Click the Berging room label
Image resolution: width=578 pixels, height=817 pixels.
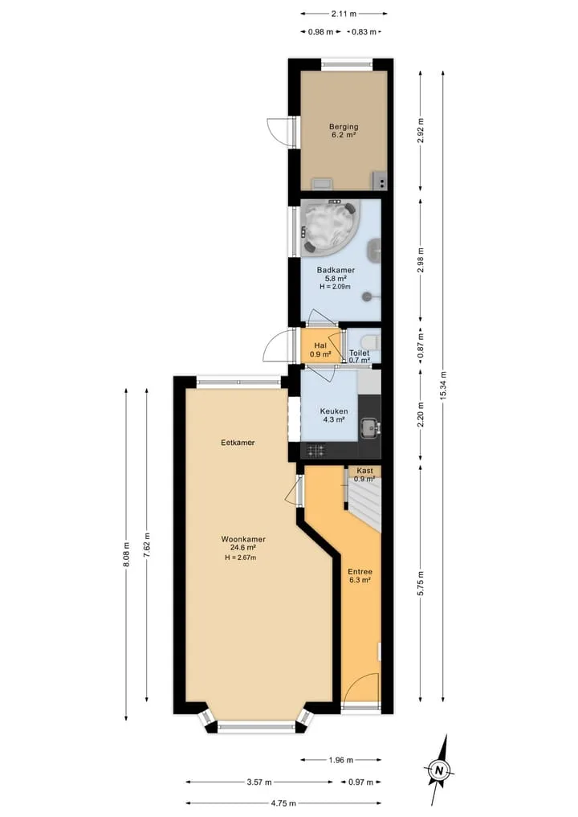click(344, 127)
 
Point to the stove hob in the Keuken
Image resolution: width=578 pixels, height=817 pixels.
click(316, 450)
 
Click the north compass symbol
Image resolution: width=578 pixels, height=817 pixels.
click(439, 770)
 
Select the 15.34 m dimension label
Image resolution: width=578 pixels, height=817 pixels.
click(444, 385)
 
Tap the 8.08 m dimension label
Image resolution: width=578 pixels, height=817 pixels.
click(126, 554)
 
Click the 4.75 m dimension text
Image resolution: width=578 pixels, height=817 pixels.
click(284, 803)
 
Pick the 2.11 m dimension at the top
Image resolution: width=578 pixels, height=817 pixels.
click(344, 14)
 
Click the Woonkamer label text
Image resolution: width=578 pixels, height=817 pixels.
click(243, 539)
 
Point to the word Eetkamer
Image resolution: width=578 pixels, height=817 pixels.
click(238, 443)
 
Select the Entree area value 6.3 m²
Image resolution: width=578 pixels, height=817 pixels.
click(360, 580)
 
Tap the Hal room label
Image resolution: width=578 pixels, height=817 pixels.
click(320, 345)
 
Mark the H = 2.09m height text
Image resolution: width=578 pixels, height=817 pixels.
click(335, 287)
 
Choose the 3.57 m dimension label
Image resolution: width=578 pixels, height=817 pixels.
click(259, 782)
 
